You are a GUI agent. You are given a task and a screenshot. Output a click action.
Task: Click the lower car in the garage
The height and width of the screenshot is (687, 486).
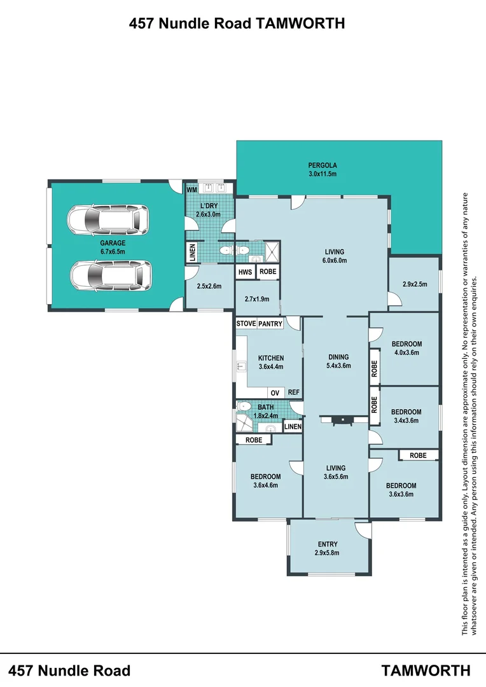pos(111,275)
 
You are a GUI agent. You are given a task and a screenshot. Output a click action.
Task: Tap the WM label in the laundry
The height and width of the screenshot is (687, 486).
pos(191,190)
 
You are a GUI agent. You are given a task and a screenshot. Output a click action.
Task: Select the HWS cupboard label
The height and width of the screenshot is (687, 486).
pos(245,272)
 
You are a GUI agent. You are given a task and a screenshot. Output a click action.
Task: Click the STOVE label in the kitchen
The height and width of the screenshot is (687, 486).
pos(246,324)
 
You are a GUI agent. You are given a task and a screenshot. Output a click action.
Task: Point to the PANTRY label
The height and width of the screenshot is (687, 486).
pos(270,324)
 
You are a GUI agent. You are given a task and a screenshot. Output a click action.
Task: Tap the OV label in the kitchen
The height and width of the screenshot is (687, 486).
pos(275,393)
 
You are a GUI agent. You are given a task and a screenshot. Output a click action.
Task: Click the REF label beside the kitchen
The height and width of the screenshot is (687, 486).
pos(293,393)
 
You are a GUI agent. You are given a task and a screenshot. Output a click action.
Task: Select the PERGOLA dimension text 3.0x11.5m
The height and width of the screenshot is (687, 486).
pos(322,174)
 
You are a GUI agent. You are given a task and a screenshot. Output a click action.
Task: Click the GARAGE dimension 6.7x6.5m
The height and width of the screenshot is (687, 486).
pos(112,252)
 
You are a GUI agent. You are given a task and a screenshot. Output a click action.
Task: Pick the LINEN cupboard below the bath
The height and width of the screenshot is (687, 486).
pos(293,427)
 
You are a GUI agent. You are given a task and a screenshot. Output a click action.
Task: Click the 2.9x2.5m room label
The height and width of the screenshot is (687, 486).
pos(415,284)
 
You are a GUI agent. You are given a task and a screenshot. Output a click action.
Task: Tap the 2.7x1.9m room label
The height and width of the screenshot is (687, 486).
pos(256,299)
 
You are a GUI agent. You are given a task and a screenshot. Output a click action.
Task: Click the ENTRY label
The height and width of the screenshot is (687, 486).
pos(328,544)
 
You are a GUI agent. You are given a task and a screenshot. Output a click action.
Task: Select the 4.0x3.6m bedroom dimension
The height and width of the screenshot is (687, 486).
pos(407,352)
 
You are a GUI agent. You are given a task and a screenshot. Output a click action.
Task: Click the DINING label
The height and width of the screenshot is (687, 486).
pos(338,357)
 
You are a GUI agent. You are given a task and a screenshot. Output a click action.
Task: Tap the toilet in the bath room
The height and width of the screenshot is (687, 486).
pos(244,407)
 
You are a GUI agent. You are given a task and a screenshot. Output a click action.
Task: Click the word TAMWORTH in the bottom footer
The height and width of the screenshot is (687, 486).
pos(426,670)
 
